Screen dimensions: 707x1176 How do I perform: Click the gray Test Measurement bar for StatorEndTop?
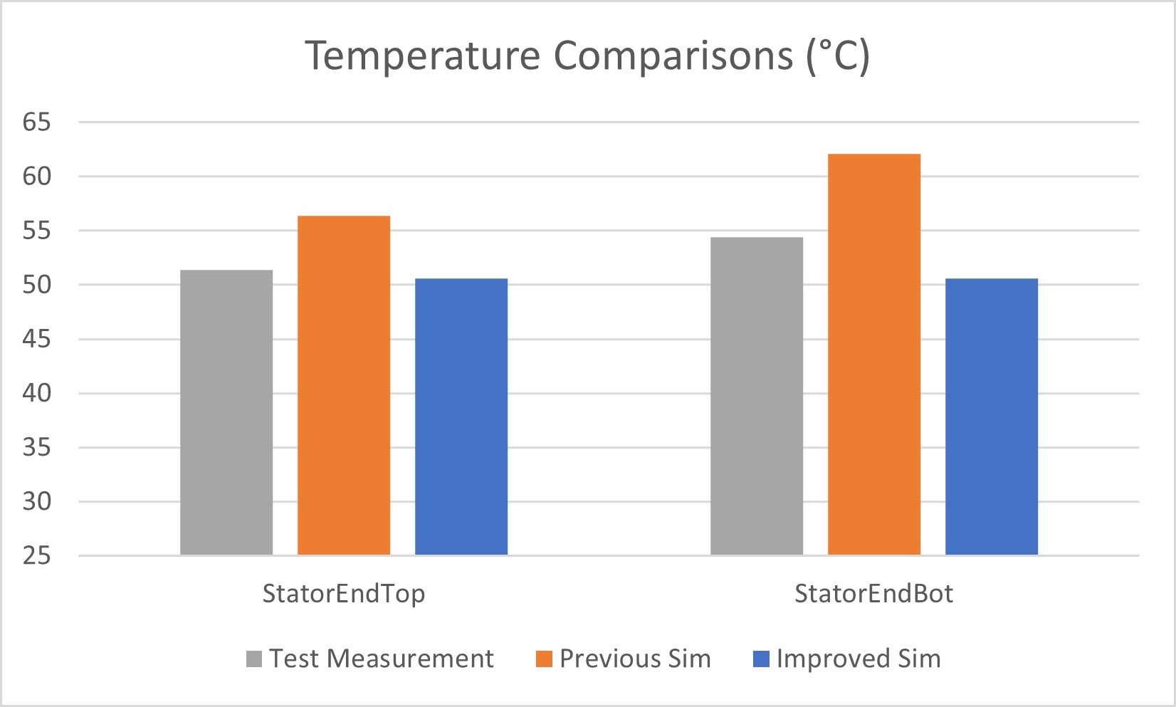[x=226, y=412]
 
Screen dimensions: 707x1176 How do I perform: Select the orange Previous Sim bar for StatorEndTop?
[x=344, y=385]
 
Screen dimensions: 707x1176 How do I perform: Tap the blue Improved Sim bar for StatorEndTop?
[x=461, y=417]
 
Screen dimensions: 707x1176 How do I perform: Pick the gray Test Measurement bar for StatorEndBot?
[x=757, y=396]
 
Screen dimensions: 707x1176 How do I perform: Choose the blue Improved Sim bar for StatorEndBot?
[x=992, y=417]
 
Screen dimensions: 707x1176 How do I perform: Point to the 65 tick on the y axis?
[x=36, y=122]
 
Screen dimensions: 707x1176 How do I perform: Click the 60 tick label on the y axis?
[x=36, y=177]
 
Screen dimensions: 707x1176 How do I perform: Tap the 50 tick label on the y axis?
[x=36, y=285]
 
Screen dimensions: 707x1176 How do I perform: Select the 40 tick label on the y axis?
[x=36, y=393]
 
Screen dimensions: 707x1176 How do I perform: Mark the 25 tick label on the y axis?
[x=36, y=555]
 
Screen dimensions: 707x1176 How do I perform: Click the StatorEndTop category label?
[x=344, y=593]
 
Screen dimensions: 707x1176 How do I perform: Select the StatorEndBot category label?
[x=873, y=593]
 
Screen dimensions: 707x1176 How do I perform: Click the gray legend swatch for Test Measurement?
[x=254, y=659]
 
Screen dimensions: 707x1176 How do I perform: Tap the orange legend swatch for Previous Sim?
[x=544, y=659]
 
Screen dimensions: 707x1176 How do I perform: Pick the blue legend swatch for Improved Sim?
[x=761, y=659]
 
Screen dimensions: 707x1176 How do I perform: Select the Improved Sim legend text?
[x=859, y=659]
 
